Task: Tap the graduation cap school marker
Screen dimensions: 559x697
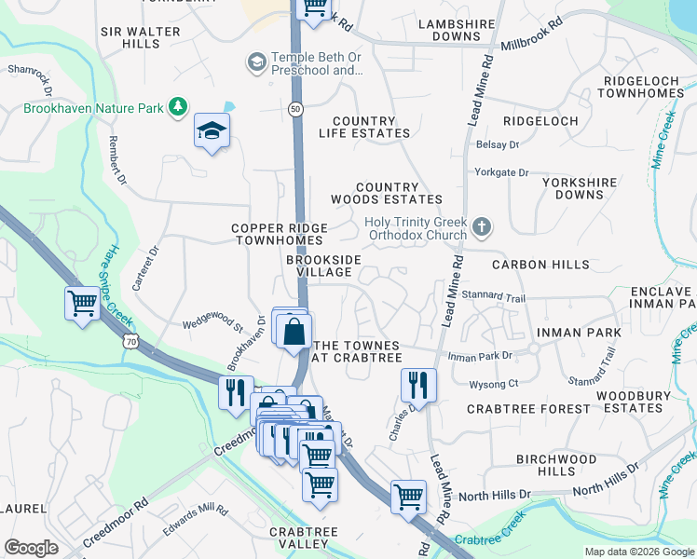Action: pos(212,131)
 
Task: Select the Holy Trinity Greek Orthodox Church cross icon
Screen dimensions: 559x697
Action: pos(481,226)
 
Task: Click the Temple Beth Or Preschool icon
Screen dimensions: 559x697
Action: pos(255,63)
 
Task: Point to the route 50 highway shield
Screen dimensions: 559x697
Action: pos(295,109)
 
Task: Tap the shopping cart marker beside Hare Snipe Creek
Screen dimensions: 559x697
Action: pos(82,303)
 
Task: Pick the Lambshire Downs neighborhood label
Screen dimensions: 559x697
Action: pos(449,31)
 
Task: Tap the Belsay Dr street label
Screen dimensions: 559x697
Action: pos(498,144)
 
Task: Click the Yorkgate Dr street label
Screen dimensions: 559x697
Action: pos(501,172)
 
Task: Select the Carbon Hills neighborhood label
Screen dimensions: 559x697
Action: pos(541,265)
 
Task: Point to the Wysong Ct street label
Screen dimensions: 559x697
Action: pos(494,383)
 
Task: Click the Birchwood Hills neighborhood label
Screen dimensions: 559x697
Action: pos(556,465)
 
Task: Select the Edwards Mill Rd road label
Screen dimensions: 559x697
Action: pos(196,512)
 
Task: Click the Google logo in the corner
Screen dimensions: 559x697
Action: pos(32,548)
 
